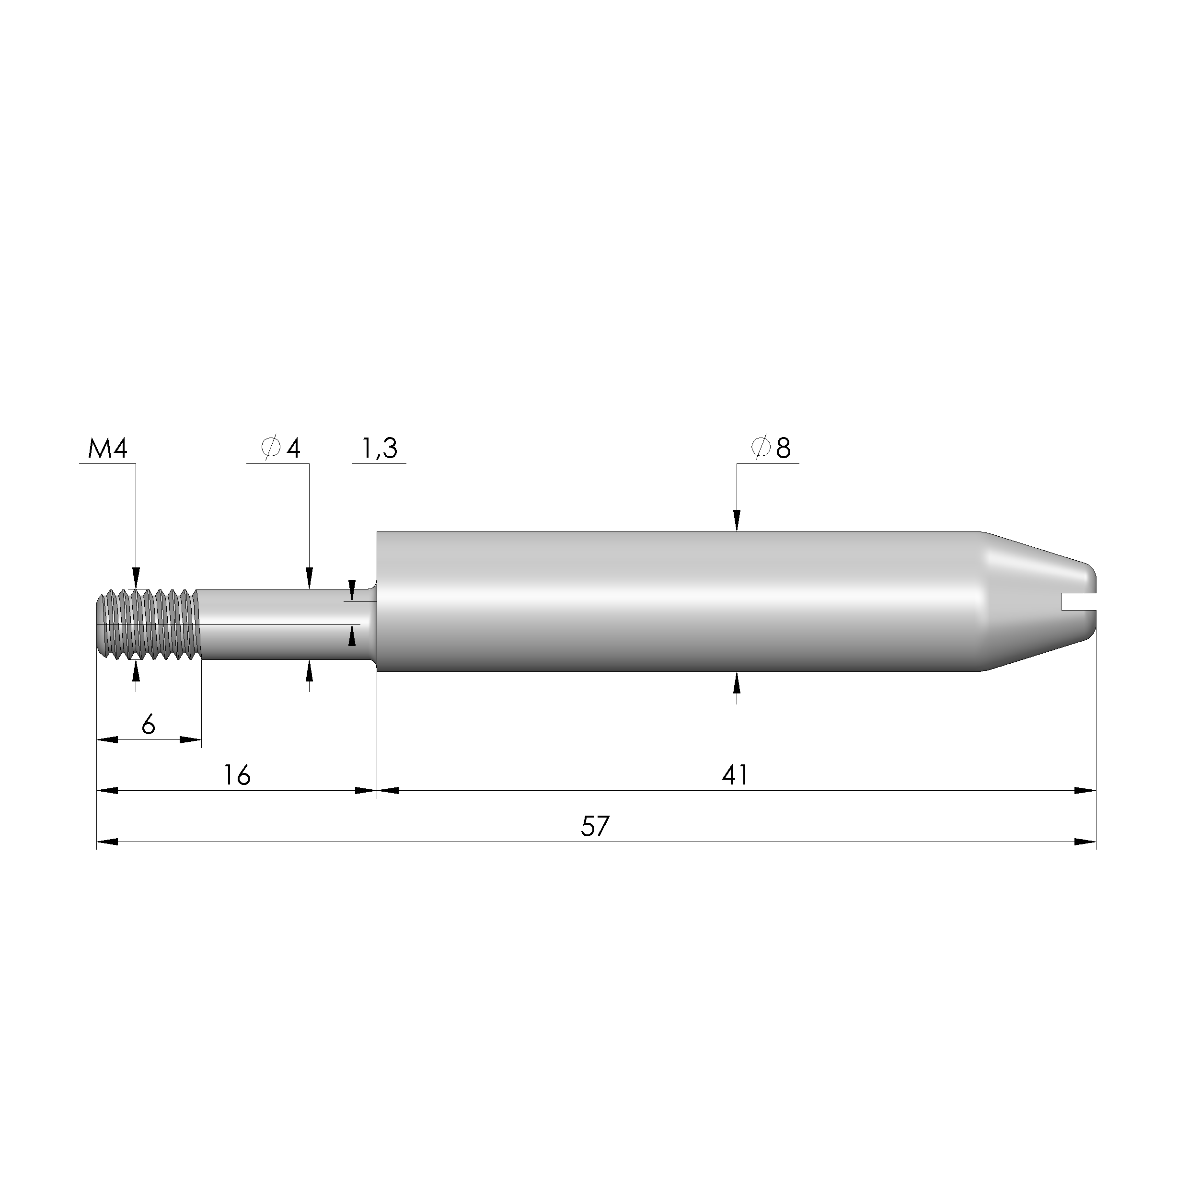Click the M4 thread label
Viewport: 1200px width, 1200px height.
coord(107,449)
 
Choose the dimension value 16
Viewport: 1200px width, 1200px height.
coord(237,775)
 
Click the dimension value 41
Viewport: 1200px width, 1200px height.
coord(736,775)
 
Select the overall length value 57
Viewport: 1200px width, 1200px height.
coord(595,827)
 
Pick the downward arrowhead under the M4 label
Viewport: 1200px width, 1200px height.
coord(137,577)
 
